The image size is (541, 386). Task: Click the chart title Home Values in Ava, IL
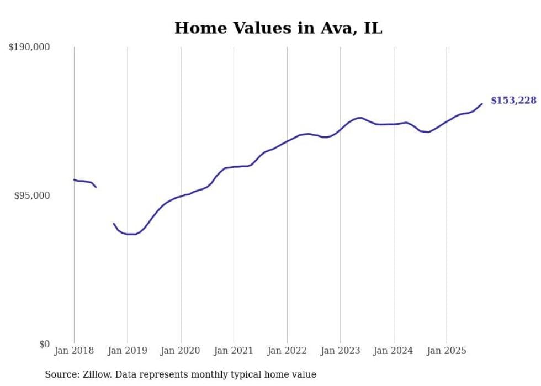pos(278,28)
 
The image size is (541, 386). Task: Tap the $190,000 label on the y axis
pos(29,47)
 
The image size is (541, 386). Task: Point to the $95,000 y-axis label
pos(31,195)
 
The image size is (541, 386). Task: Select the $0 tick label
pos(45,344)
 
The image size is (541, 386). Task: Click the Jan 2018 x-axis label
pos(74,350)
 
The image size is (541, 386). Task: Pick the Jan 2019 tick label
pos(128,350)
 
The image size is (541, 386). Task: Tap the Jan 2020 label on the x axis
pos(181,350)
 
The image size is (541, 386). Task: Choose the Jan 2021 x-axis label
pos(234,350)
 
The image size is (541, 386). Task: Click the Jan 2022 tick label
pos(287,350)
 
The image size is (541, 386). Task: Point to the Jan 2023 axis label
pos(340,350)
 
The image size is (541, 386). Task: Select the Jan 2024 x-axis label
pos(394,350)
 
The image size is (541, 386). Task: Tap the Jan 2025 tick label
pos(447,350)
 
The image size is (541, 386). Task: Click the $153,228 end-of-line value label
pos(513,101)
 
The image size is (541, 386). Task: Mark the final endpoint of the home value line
pos(482,104)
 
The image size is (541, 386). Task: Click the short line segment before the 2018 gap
pos(84,182)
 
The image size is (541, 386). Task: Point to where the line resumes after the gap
pos(114,224)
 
